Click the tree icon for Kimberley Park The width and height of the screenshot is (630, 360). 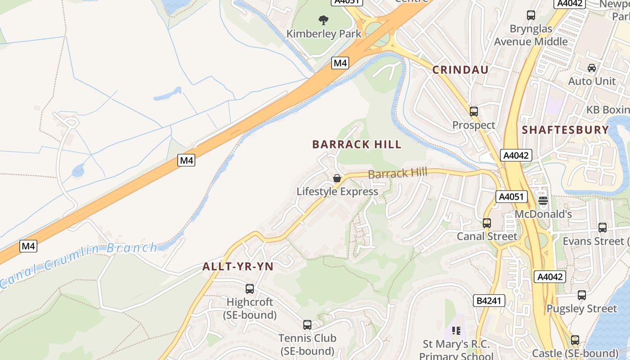coord(323,20)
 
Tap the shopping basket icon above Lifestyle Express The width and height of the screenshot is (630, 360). coord(337,178)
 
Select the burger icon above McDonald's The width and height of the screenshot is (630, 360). coord(543,201)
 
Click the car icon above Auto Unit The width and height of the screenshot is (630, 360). coord(591,68)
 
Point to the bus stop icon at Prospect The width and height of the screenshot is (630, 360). coord(473,111)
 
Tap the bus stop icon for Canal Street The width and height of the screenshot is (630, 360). coord(486,223)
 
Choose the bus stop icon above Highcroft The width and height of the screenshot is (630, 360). coord(250,288)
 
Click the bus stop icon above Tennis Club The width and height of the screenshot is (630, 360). coord(307,324)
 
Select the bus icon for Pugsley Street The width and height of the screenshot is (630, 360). coord(581,295)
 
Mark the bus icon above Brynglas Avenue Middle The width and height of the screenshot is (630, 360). coord(531,15)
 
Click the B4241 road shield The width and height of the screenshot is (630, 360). coord(489,301)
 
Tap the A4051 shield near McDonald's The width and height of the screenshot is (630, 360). coord(511,197)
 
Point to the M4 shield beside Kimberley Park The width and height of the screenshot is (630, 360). coord(340,63)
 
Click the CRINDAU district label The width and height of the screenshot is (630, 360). coord(460,70)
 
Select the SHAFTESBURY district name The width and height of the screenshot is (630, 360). coord(565,130)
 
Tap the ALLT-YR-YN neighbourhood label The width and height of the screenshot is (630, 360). coord(238,266)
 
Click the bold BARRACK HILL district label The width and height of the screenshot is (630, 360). coord(356,144)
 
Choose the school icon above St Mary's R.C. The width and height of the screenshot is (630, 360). coord(456,331)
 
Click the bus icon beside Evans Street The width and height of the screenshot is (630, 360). coord(602,227)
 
